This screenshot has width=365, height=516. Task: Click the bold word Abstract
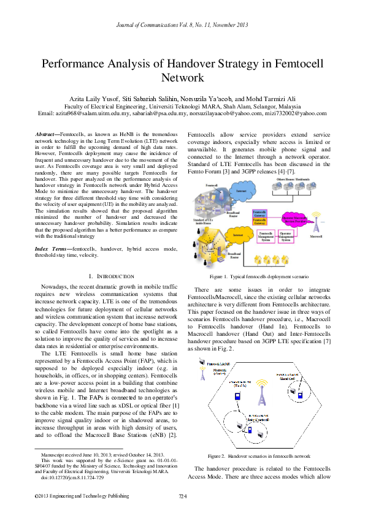point(45,134)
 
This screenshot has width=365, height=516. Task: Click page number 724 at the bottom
point(182,495)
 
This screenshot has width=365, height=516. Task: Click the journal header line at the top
point(182,25)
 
